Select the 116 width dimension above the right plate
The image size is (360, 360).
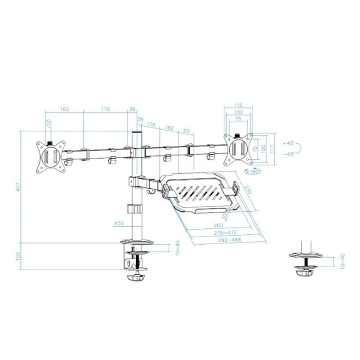tap(238, 105)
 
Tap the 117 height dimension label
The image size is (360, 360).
tap(272, 148)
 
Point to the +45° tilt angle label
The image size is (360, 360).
tap(289, 143)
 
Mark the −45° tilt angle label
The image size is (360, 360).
tap(289, 154)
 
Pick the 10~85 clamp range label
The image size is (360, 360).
tap(177, 248)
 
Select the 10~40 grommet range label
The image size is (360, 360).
tap(341, 260)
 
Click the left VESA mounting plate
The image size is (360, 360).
tap(50, 156)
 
